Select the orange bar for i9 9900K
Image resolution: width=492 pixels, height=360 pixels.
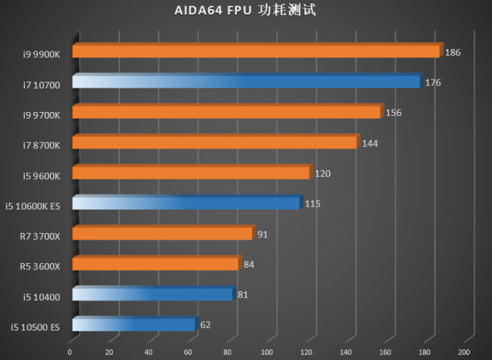pos(256,51)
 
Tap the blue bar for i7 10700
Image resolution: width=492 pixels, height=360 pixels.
pos(246,82)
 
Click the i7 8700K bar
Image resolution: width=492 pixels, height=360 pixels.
pos(214,143)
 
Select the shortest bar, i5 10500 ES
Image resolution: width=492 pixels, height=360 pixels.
pos(134,325)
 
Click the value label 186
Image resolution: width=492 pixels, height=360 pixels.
pos(453,52)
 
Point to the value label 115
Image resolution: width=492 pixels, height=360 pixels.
pos(313,204)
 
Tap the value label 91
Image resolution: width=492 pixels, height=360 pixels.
pos(263,234)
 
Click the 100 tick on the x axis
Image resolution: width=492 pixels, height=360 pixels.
pos(267,352)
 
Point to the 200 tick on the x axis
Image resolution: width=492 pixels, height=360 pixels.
pos(465,352)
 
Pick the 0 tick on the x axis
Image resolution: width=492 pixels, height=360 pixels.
pos(70,352)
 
